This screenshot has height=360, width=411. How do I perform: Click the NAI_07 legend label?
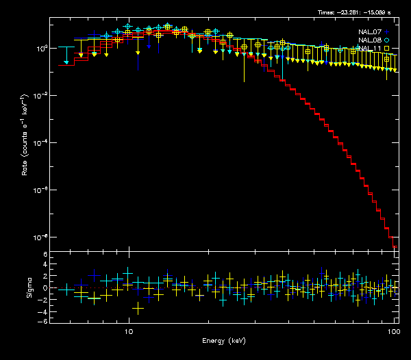coord(370,31)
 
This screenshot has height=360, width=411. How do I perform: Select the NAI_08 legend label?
coord(370,40)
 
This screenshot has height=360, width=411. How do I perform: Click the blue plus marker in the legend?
coord(387,31)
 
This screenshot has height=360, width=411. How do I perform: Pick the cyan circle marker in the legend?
coord(387,40)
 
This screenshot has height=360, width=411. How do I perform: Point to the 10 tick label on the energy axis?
coord(129,331)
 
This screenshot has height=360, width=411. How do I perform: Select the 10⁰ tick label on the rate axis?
coord(40,49)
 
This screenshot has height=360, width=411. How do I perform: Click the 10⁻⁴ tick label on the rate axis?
coord(40,143)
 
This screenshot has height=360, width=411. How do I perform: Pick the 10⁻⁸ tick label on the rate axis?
coord(40,237)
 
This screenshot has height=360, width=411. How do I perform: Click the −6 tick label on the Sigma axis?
coord(43,321)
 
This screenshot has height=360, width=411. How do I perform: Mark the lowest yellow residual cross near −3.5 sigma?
coord(138,309)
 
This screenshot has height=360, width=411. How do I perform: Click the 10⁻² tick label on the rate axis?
coord(40,96)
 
